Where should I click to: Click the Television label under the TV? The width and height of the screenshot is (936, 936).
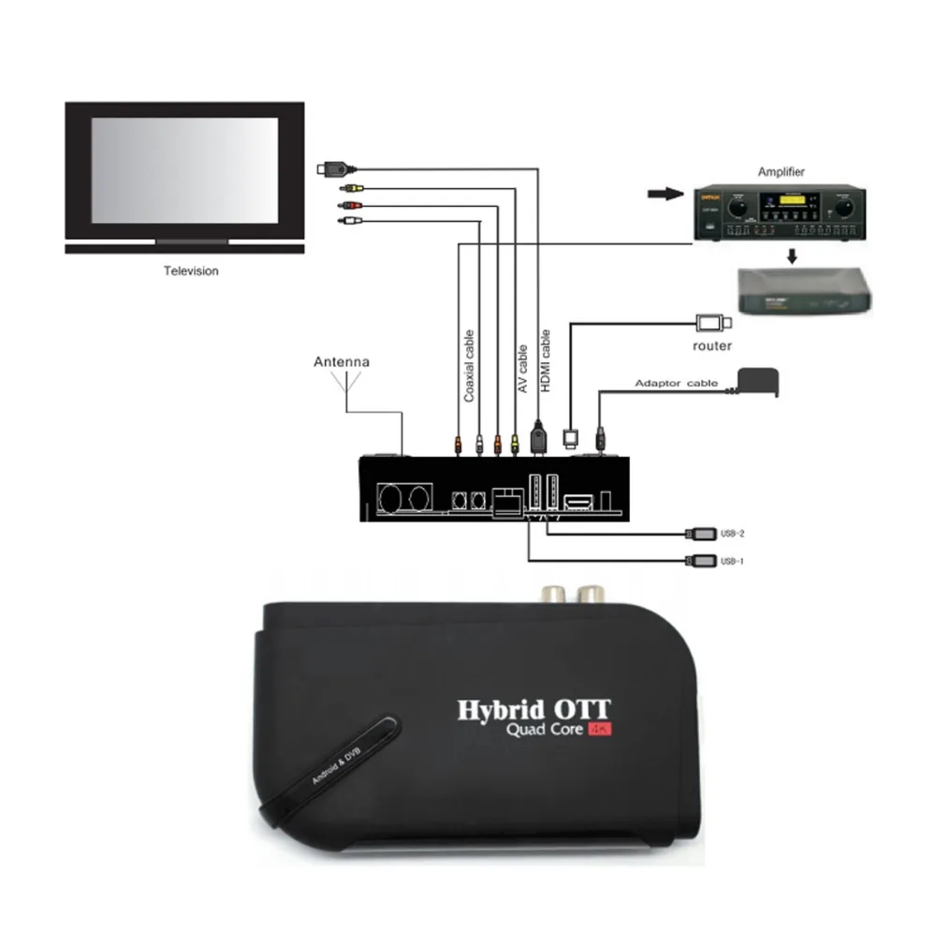click(191, 271)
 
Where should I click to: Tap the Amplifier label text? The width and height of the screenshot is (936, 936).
click(782, 172)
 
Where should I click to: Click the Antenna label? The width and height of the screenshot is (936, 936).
click(342, 361)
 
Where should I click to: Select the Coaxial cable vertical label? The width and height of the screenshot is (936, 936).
click(469, 366)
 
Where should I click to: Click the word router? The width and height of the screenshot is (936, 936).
click(713, 346)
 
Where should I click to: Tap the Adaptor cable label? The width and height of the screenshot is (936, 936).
click(676, 383)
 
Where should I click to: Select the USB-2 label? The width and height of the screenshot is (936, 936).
click(732, 534)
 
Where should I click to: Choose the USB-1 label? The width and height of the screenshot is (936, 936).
click(732, 562)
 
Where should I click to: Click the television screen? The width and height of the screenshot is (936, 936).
click(184, 169)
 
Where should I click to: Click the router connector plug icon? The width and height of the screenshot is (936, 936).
click(713, 323)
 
